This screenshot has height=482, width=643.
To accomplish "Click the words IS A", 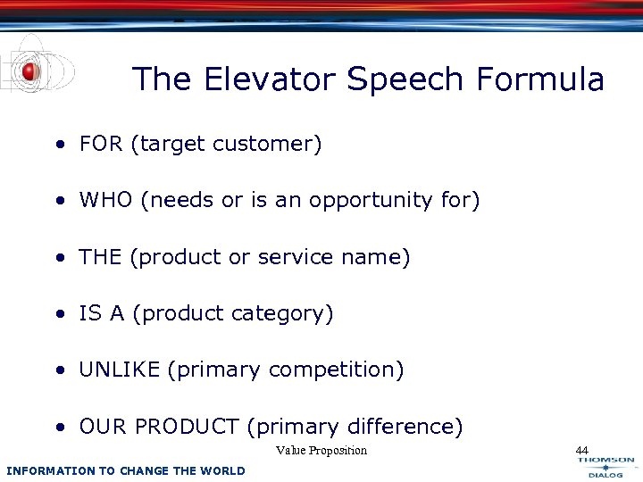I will [104, 314].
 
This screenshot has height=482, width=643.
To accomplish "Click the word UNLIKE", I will [120, 370].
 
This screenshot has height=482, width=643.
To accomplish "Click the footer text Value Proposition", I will [321, 451].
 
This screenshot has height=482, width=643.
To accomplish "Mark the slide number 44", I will [582, 450].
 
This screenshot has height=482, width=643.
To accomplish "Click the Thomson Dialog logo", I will [605, 467].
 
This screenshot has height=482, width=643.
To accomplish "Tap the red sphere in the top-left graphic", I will [30, 71].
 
